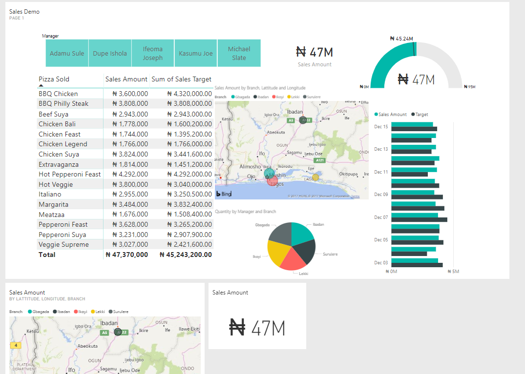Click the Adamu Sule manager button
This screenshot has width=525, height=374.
pyautogui.click(x=67, y=54)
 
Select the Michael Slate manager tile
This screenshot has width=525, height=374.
pyautogui.click(x=239, y=53)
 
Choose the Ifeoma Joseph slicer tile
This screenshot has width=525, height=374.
pyautogui.click(x=153, y=53)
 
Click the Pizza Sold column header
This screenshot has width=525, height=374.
pyautogui.click(x=54, y=79)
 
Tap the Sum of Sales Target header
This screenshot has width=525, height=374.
pyautogui.click(x=181, y=79)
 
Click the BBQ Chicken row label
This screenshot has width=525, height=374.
pyautogui.click(x=58, y=94)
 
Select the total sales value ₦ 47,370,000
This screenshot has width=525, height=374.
pyautogui.click(x=126, y=255)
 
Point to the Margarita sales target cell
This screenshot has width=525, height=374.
pyautogui.click(x=189, y=204)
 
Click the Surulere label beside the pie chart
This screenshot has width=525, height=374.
pyautogui.click(x=330, y=254)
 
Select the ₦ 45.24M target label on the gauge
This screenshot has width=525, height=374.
pyautogui.click(x=401, y=38)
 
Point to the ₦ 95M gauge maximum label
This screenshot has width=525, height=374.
pyautogui.click(x=469, y=87)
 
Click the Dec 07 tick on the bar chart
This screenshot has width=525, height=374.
pyautogui.click(x=381, y=217)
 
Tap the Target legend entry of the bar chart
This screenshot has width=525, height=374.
pyautogui.click(x=421, y=115)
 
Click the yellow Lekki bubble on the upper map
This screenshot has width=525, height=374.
pyautogui.click(x=315, y=177)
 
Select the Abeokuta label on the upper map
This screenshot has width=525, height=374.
pyautogui.click(x=275, y=132)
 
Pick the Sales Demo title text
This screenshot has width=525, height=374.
pyautogui.click(x=24, y=11)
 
